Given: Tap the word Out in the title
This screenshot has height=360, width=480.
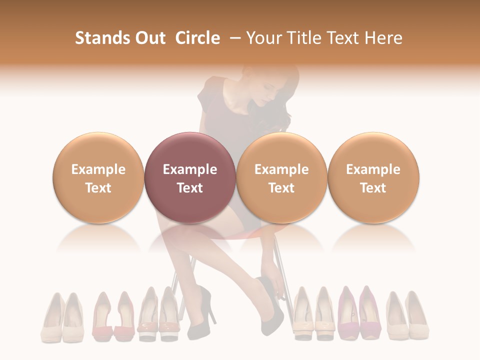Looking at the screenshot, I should tap(148, 38).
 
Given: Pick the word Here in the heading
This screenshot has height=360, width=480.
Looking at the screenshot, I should tap(385, 38).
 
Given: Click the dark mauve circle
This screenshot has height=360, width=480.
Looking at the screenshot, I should tap(190, 178).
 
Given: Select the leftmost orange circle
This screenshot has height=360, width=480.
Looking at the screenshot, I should tap(98, 178).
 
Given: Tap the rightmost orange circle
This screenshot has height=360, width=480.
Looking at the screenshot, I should tap(373, 178).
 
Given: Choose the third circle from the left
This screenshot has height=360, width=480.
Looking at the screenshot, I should tap(281, 178).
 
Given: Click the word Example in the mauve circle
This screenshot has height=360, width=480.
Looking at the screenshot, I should tap(190, 169).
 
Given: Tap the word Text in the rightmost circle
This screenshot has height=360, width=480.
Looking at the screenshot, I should tap(373, 188).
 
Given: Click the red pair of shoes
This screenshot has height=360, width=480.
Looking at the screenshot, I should tap(113, 317).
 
